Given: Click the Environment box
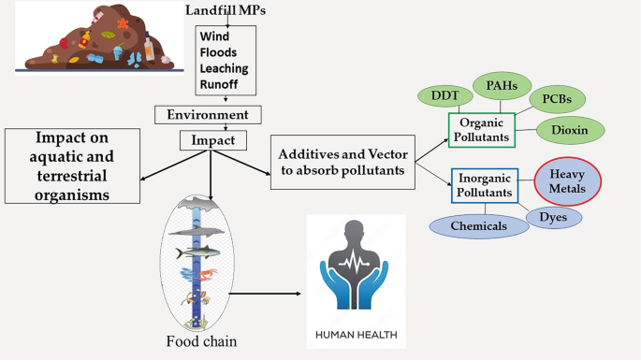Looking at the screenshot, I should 207,115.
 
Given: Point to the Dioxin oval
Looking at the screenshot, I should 570,130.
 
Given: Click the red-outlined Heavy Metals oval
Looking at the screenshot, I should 566,180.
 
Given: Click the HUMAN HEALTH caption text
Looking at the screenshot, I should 357,334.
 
